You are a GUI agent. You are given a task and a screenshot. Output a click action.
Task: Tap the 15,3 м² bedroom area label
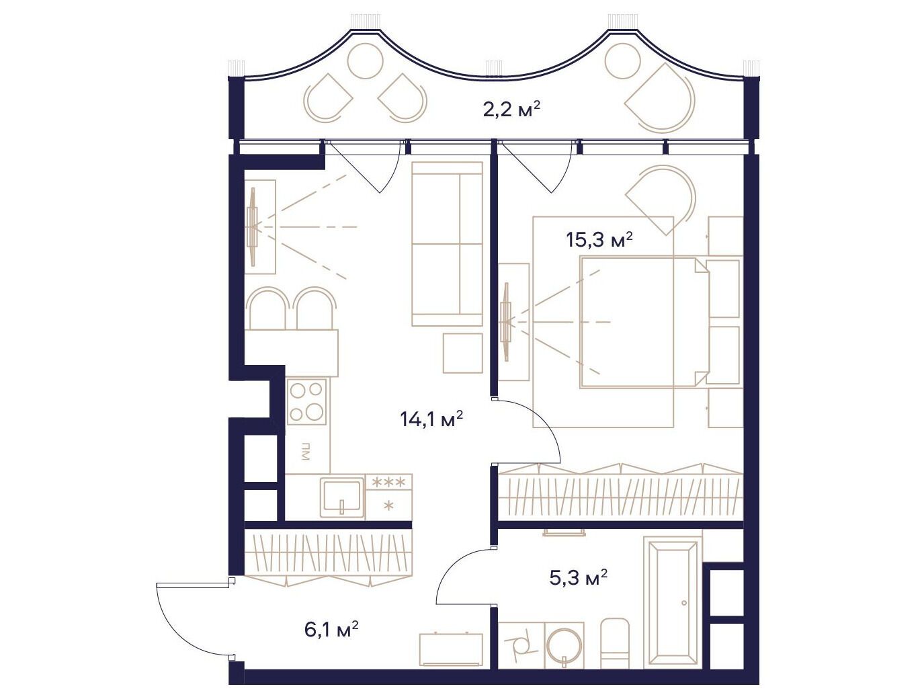click(599, 241)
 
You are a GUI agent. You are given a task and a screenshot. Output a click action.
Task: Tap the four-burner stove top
click(306, 402)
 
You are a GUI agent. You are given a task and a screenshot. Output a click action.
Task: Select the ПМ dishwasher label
click(305, 452)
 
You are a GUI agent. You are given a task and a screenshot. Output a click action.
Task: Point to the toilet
click(616, 643)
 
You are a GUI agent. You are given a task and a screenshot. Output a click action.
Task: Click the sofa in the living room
click(446, 243)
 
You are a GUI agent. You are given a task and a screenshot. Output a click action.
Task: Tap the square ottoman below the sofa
click(463, 354)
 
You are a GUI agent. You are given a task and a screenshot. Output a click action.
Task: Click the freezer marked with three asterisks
click(389, 497)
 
